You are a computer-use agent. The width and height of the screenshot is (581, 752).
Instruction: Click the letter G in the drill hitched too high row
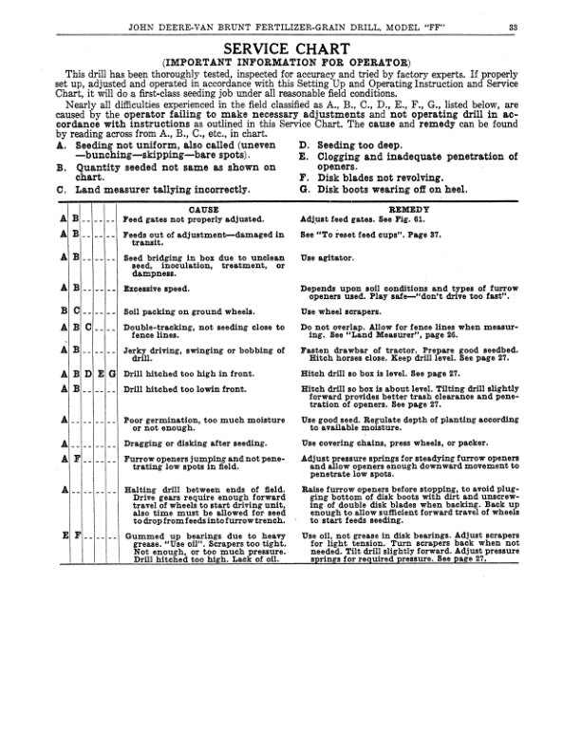(x=112, y=374)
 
